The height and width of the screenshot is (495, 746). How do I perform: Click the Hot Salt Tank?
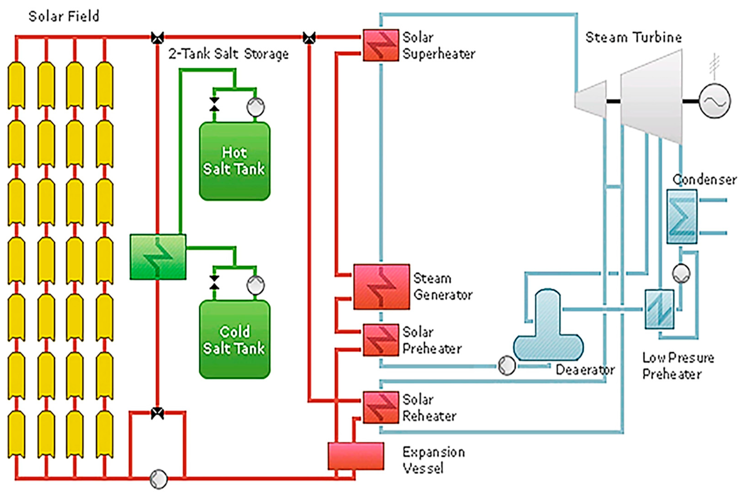[x=234, y=161]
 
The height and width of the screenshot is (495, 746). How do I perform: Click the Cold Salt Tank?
[x=234, y=339]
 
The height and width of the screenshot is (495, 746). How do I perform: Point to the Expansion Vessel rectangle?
[x=356, y=456]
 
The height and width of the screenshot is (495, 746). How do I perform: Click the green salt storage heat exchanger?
[x=158, y=257]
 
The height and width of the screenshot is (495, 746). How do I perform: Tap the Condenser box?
[x=682, y=216]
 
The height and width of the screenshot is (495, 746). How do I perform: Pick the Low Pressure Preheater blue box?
[x=659, y=309]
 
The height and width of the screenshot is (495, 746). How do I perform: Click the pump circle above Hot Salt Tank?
[x=255, y=107]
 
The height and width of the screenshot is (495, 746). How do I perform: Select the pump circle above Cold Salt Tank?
[x=255, y=285]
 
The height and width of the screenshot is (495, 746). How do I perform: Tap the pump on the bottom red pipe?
[x=158, y=478]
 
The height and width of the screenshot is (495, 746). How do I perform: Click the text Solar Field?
[x=64, y=17]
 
